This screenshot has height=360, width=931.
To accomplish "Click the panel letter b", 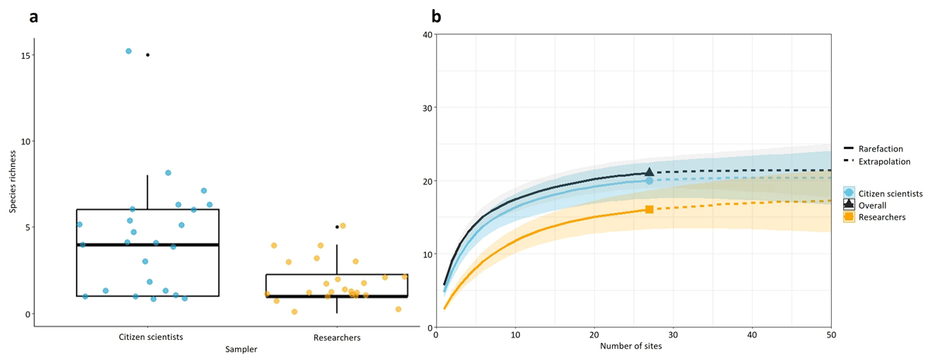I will (436, 16).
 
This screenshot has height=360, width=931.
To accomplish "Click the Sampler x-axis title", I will (242, 350).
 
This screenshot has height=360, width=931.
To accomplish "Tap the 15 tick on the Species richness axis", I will (26, 55).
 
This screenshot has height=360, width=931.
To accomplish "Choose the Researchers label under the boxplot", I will (337, 337).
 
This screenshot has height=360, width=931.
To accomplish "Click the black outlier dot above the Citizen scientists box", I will (147, 55).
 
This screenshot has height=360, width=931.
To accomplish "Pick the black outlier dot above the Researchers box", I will (337, 227).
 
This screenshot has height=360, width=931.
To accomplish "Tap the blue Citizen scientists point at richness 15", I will (129, 51).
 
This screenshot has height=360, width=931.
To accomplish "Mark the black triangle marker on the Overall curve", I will (649, 172).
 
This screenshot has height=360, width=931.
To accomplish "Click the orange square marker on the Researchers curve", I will (649, 209).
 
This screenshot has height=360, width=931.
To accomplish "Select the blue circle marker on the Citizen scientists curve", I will (649, 181).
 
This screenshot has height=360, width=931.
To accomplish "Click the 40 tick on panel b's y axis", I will (427, 34).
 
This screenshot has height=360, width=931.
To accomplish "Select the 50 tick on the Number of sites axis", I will (831, 335).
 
